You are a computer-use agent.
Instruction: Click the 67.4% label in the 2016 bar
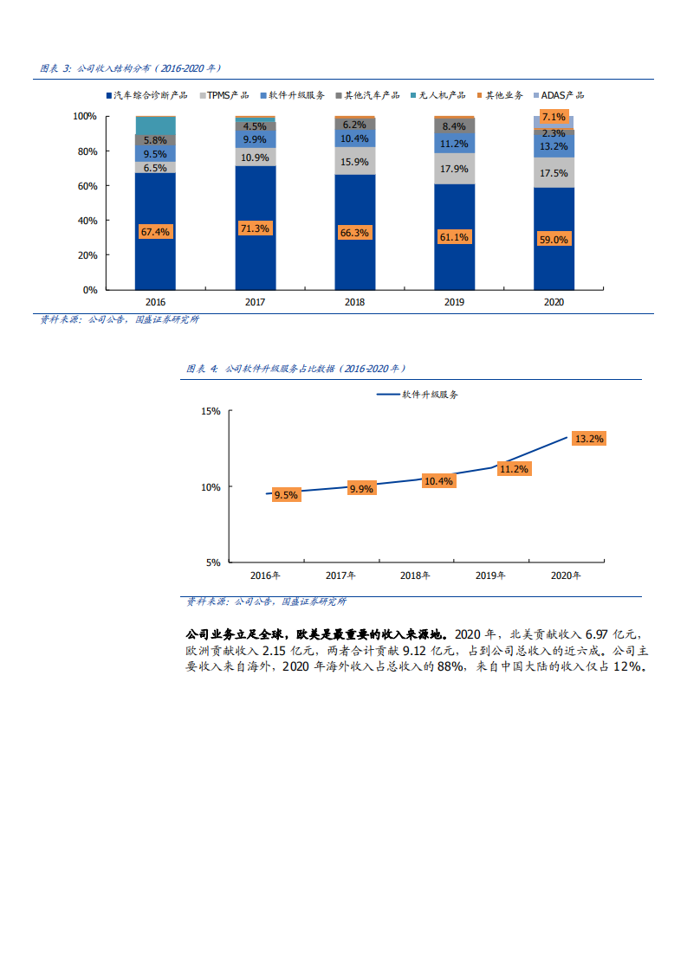[x=156, y=231]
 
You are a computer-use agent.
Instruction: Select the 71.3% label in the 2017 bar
[x=255, y=228]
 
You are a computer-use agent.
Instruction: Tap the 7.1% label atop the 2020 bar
[x=554, y=117]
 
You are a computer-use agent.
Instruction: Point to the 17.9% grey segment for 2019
[x=454, y=170]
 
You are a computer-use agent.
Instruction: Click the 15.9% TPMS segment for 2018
[x=354, y=162]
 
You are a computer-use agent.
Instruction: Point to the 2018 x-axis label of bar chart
[x=354, y=302]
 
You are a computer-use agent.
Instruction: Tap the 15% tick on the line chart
[x=211, y=411]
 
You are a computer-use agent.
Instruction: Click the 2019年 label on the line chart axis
[x=490, y=576]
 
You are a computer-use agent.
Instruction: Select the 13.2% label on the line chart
[x=589, y=439]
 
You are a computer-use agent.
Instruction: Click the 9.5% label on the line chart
[x=285, y=495]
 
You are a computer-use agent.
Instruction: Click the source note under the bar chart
[x=120, y=319]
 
